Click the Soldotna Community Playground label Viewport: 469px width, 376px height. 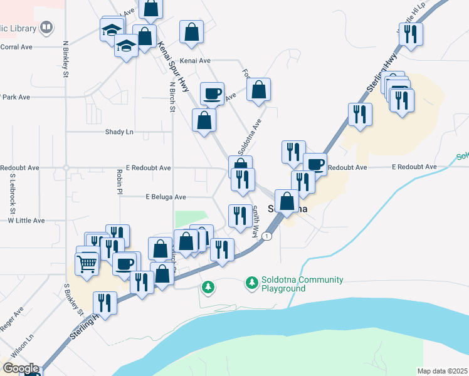(293, 284)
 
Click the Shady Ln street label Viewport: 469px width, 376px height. (120, 132)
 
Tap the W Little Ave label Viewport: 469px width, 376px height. (26, 221)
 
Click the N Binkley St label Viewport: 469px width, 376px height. (65, 60)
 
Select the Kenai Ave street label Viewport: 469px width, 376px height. (195, 61)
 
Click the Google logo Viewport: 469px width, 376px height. (21, 368)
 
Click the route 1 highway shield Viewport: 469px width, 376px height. (268, 236)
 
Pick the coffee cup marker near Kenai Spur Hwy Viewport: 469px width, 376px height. (212, 95)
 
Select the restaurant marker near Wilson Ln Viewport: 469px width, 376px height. (105, 304)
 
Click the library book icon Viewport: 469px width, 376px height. (46, 28)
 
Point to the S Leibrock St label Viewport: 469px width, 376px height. (12, 195)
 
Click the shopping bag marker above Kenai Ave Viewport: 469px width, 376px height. (191, 33)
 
